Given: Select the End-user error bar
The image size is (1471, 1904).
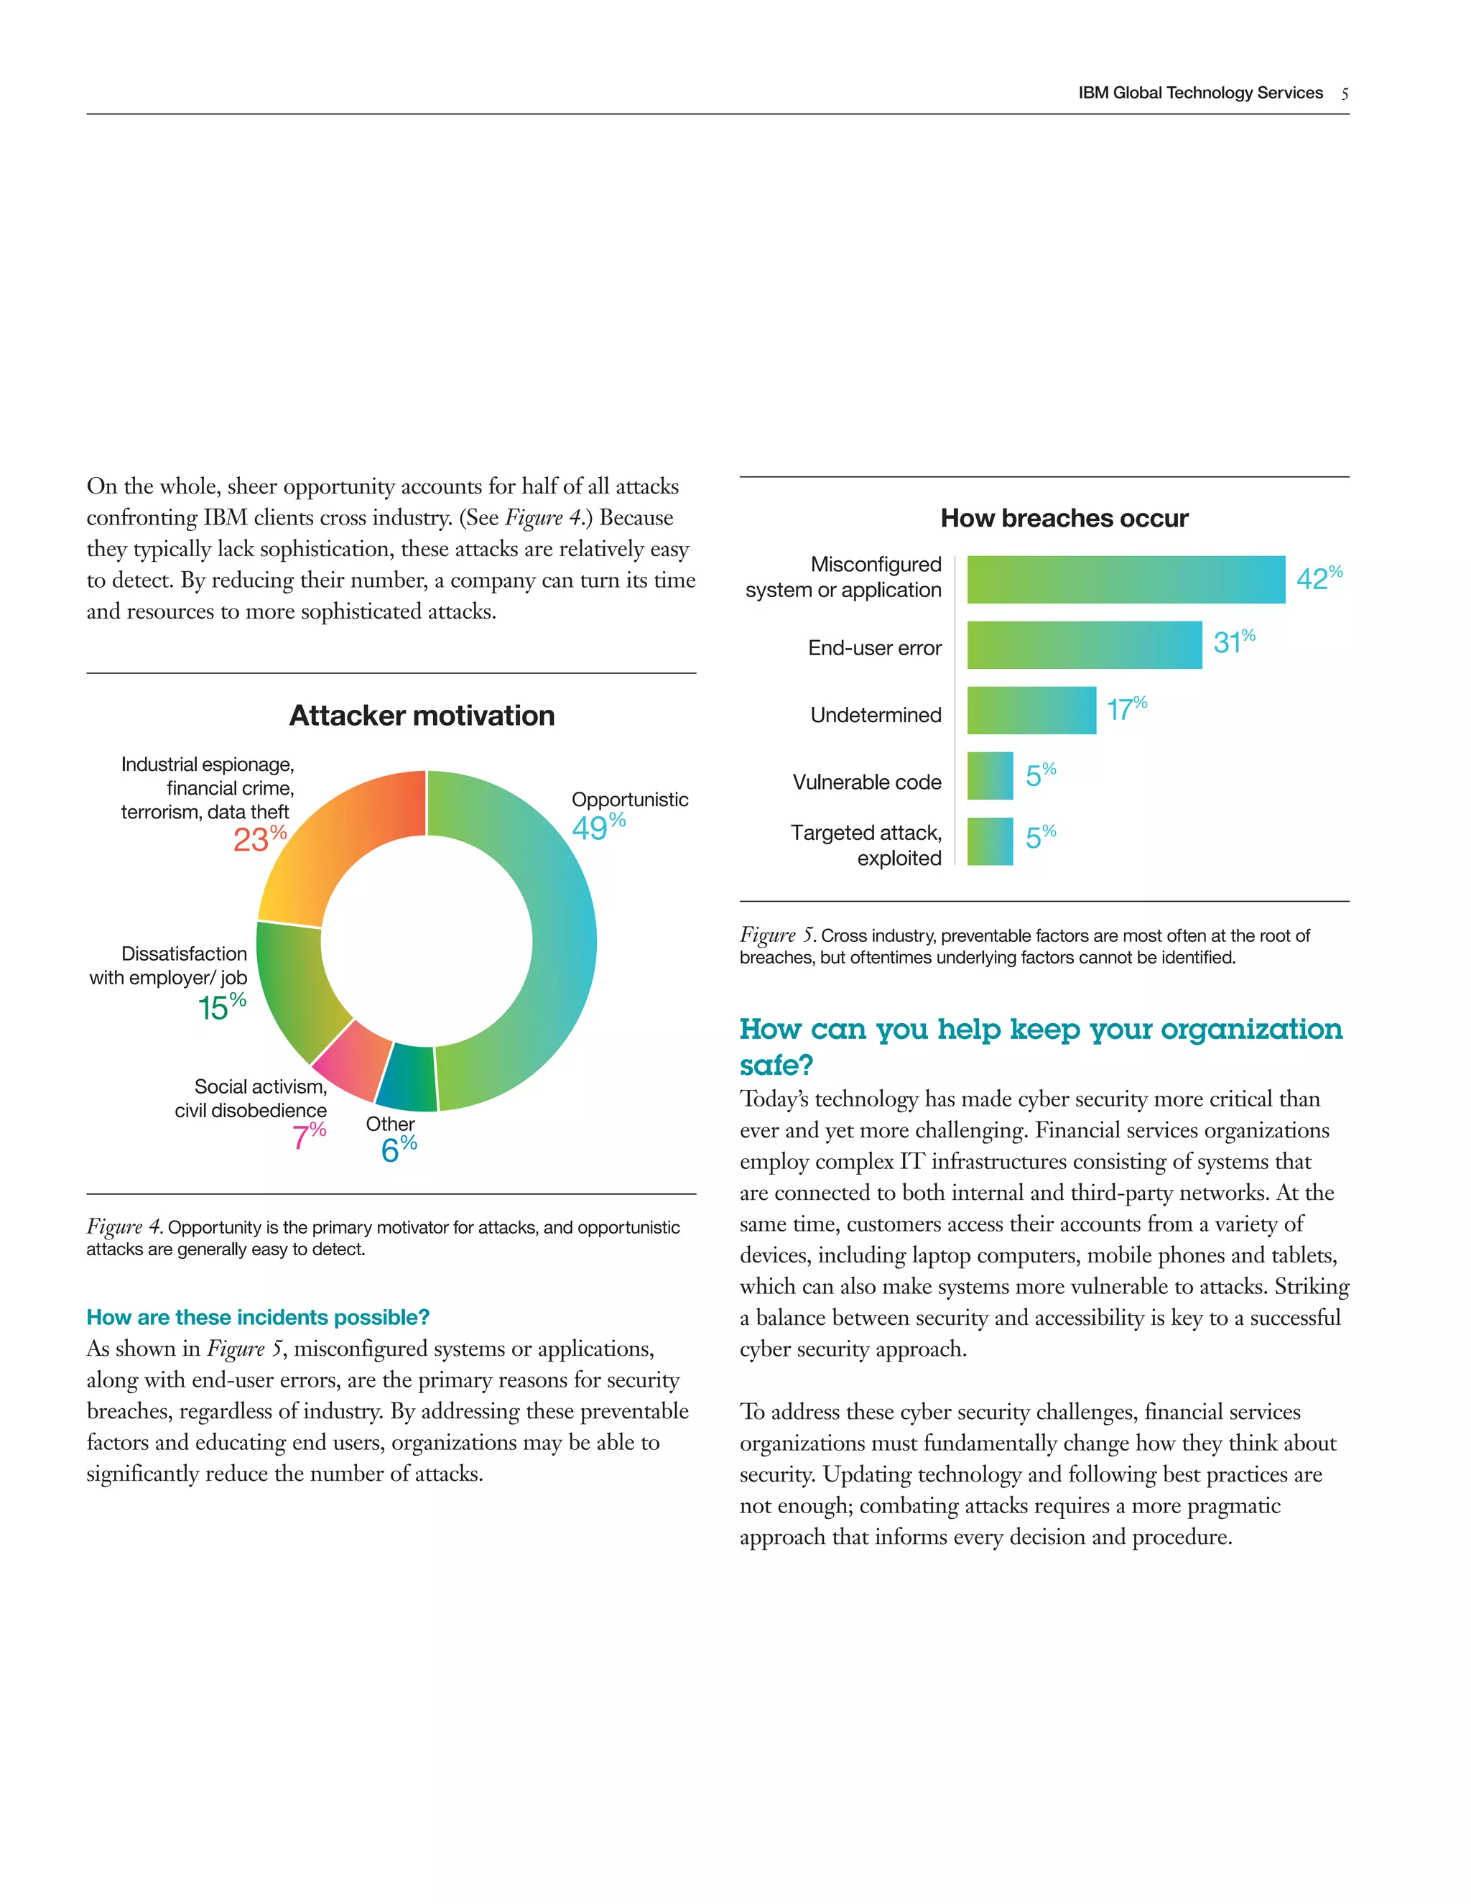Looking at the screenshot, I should coord(1084,645).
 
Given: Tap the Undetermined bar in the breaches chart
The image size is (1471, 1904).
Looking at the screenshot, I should coord(1031,711).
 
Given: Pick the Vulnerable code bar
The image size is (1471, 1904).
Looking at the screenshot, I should coord(990,776).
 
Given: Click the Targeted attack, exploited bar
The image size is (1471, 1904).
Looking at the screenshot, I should coord(990,841).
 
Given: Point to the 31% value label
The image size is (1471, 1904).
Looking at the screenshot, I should coord(1233,642).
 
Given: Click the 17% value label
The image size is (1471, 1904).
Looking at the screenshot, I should coord(1126,708).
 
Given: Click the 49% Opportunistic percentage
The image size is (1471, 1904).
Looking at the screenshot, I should coord(598,826).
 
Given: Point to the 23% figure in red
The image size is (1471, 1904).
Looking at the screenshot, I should coord(259,838).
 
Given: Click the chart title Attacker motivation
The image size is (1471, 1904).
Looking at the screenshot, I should coord(422,716).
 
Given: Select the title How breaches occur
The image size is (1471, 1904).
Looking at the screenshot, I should coord(1064,518).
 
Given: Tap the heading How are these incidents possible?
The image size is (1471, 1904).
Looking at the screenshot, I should coord(258,1316).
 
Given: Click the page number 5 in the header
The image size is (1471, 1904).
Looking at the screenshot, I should coord(1345,94).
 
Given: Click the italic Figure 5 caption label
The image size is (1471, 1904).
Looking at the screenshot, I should coord(776,935).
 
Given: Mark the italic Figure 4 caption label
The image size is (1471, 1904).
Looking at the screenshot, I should coord(124,1226).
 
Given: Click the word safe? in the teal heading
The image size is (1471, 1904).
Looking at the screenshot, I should coord(776,1066).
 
